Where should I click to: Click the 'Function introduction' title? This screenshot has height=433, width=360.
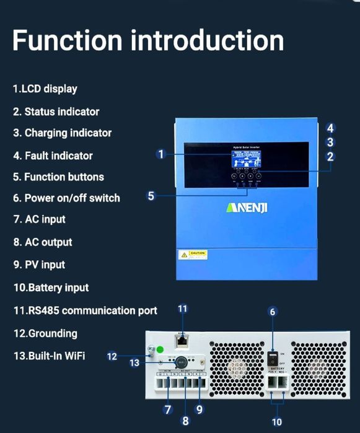click(148, 40)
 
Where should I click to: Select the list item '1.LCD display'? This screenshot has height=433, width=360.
click(45, 89)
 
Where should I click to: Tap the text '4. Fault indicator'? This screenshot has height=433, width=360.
click(53, 155)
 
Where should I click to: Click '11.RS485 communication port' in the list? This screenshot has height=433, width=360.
click(85, 310)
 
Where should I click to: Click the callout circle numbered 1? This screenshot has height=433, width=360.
click(161, 154)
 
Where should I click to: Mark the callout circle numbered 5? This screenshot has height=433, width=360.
click(151, 196)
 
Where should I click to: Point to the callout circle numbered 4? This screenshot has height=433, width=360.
click(331, 128)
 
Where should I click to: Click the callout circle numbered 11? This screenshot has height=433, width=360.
click(182, 308)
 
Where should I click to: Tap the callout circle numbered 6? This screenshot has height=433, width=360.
click(272, 312)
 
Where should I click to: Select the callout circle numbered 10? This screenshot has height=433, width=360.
click(277, 422)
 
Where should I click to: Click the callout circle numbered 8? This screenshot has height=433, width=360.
click(185, 421)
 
